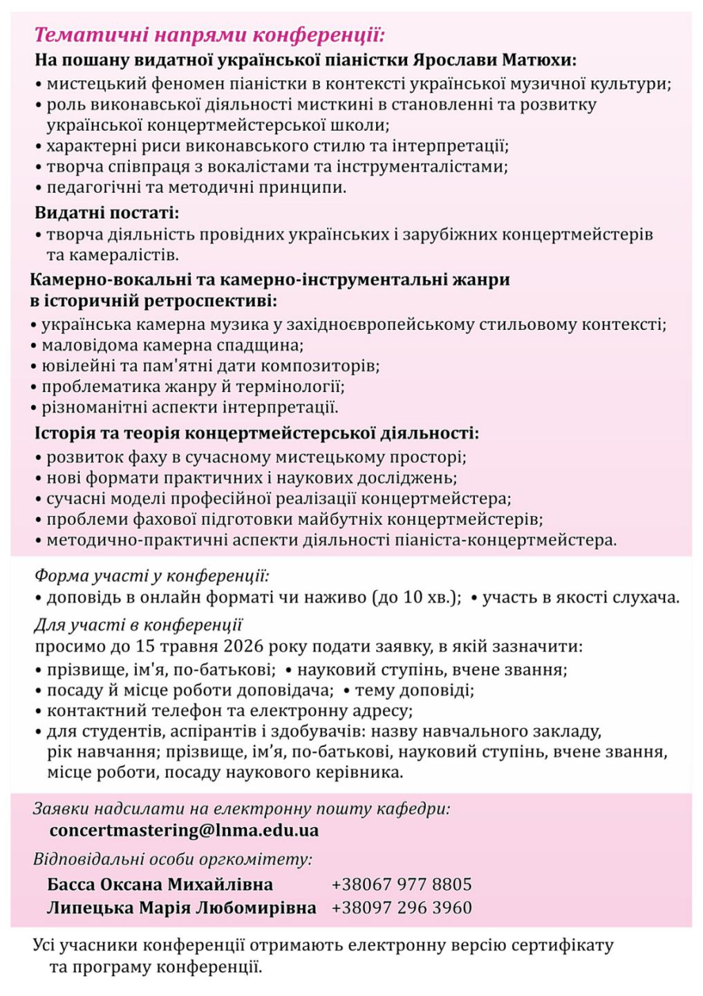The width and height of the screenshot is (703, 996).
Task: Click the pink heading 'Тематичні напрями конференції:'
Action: coord(209,35)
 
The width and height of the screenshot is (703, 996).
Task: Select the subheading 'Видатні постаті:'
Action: coord(107,212)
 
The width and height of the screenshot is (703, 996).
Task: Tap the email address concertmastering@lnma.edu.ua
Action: coord(184,830)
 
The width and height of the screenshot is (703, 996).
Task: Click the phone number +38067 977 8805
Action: coord(402,885)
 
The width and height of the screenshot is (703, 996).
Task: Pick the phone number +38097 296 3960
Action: coord(402,907)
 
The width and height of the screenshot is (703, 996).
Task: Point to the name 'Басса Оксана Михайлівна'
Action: coord(160,885)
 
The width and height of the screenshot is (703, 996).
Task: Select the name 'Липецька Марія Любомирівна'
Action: coord(181,907)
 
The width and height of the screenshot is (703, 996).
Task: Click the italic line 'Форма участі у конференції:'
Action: coord(151,575)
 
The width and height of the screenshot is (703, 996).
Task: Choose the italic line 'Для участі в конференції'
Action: coord(138,625)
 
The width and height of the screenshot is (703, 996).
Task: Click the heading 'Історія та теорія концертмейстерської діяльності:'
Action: coord(256,434)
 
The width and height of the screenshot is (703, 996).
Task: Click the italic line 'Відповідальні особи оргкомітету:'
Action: coord(173,860)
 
